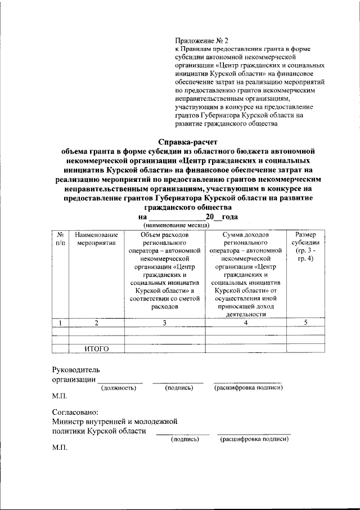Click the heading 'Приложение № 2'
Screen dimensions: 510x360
[202, 41]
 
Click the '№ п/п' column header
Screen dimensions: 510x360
[59, 239]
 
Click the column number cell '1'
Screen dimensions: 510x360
[59, 323]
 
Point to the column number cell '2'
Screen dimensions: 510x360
[96, 323]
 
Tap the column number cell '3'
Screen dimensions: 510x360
[165, 323]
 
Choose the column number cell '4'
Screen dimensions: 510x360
[245, 323]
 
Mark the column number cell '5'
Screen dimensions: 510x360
[306, 323]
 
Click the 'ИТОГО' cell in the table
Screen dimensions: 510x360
[96, 349]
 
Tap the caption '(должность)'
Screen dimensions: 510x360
[118, 388]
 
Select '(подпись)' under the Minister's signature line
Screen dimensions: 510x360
[185, 439]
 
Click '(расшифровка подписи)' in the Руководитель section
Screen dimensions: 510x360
[248, 388]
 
